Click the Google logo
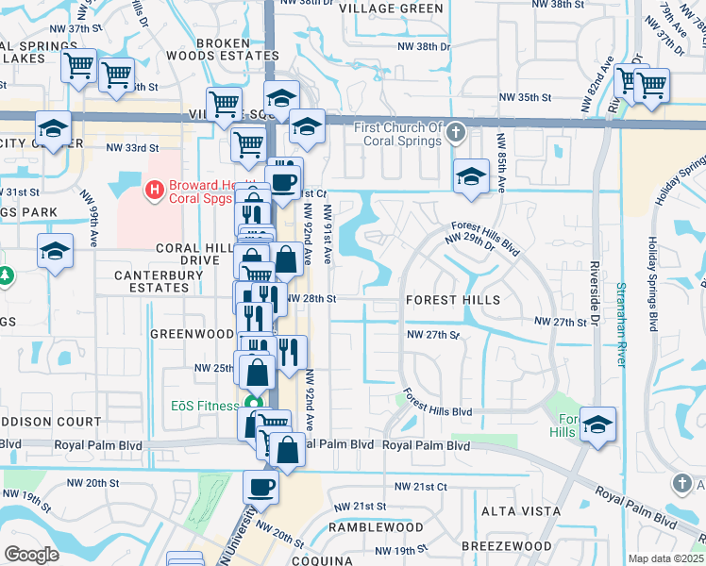[31, 554]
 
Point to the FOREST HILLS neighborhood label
[452, 299]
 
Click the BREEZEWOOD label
[507, 546]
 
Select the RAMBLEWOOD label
[376, 526]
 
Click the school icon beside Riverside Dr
[597, 423]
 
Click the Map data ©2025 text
[666, 558]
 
